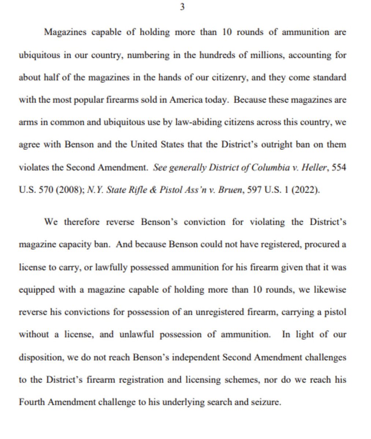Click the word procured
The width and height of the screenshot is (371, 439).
tap(321, 245)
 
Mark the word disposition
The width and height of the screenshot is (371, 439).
tap(40, 357)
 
